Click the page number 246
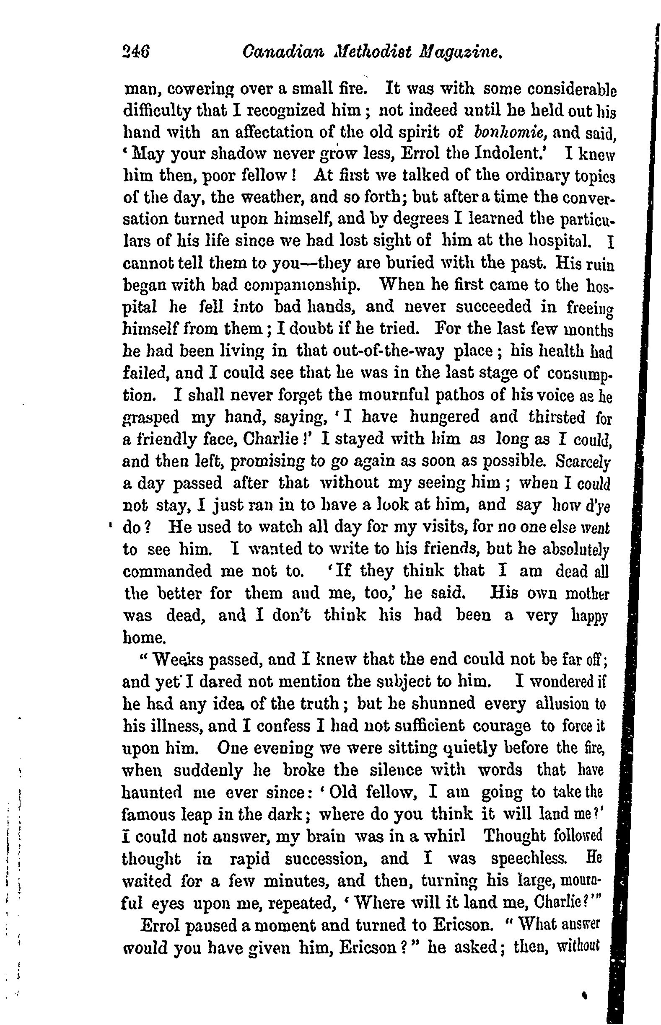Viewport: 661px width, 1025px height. (136, 53)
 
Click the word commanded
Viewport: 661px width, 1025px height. (167, 572)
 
